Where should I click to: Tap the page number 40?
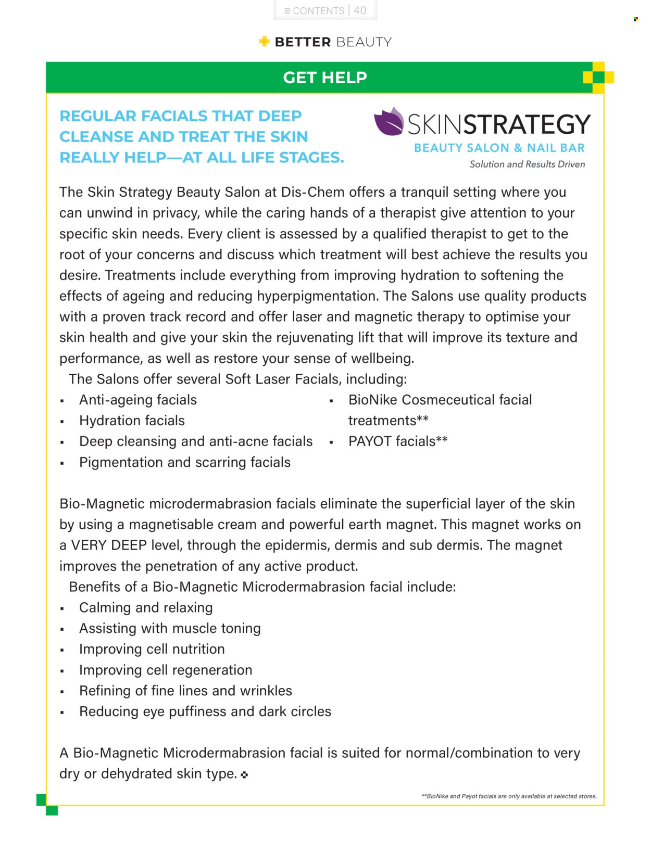pos(360,10)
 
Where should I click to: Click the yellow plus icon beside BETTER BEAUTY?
pos(265,42)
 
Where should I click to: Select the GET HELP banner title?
pos(325,78)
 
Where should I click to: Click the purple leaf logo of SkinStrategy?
pos(389,122)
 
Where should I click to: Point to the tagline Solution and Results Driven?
pos(527,164)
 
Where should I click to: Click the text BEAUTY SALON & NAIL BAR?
pos(499,148)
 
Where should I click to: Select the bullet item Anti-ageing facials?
pos(138,400)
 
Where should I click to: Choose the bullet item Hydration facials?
pos(132,421)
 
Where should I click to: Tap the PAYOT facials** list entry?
pos(398,441)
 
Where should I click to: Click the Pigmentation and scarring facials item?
pos(185,462)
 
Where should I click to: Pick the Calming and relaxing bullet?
pos(146,607)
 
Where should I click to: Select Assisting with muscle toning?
pos(170,628)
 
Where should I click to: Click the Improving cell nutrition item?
pos(152,649)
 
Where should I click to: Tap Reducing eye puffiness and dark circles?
pos(205,711)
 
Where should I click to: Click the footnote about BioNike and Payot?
pos(509,796)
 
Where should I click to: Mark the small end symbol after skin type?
pos(245,775)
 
